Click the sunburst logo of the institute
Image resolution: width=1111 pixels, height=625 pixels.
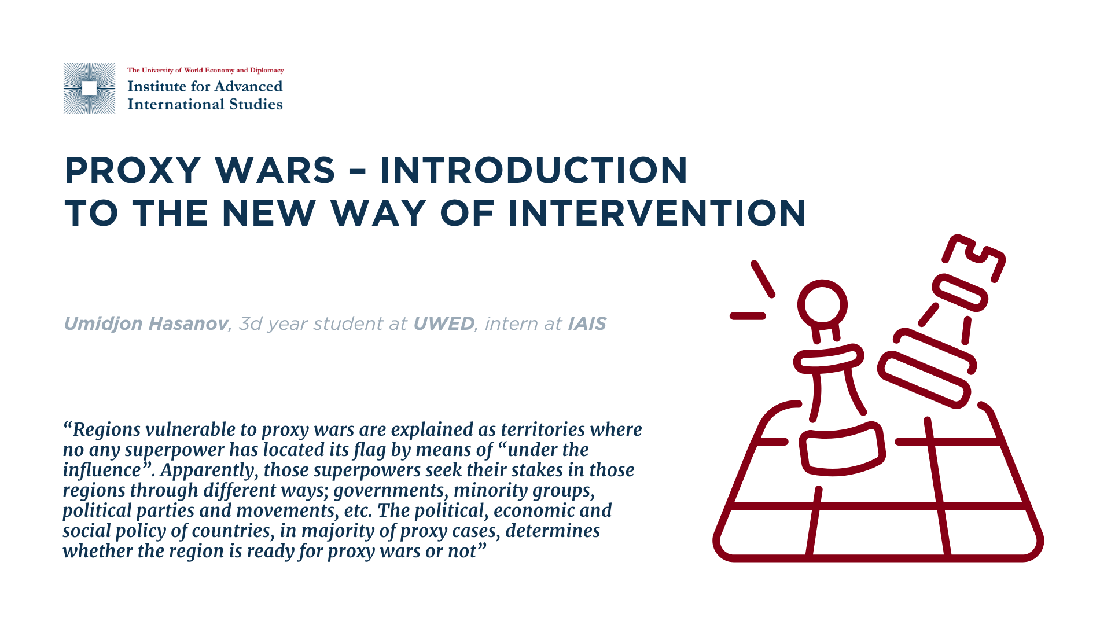89,88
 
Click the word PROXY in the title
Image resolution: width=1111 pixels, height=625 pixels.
133,170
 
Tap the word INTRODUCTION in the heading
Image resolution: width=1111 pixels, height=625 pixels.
534,170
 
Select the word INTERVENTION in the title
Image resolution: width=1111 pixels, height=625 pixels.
657,213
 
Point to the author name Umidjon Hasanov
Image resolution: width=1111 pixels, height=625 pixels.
145,323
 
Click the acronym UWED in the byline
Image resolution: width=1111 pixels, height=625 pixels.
443,323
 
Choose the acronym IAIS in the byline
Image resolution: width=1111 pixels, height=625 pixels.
587,323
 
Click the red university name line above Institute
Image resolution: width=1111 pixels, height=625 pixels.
205,70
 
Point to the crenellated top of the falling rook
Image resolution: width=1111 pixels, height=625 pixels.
974,258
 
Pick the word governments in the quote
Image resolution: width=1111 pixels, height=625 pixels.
389,491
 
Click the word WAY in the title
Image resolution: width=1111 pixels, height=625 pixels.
378,213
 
